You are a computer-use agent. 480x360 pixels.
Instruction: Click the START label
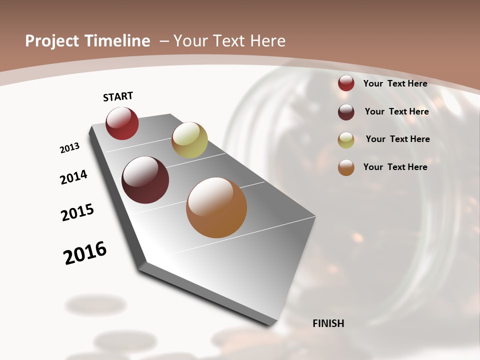point(118,96)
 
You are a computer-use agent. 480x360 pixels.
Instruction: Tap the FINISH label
point(328,323)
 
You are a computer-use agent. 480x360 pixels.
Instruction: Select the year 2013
point(69,148)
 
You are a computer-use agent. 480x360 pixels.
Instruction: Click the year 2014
point(74,177)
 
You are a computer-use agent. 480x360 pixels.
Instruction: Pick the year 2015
point(77,212)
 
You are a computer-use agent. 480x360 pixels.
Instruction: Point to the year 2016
point(85,252)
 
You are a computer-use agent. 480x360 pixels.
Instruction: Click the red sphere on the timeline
point(122,123)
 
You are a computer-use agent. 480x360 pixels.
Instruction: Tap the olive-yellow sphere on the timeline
point(189,140)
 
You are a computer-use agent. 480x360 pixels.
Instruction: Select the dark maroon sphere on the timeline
point(145,180)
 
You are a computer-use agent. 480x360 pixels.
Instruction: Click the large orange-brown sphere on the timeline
point(216,207)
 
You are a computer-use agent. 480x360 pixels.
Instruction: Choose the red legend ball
point(346,83)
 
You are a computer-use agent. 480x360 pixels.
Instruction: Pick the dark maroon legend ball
point(346,112)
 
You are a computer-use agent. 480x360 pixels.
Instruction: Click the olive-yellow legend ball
point(346,140)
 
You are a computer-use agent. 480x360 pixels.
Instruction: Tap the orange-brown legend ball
point(346,168)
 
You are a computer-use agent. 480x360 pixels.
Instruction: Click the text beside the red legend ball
point(395,83)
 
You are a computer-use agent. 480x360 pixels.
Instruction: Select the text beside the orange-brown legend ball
point(395,167)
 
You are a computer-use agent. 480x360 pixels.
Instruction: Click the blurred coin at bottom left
point(95,304)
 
